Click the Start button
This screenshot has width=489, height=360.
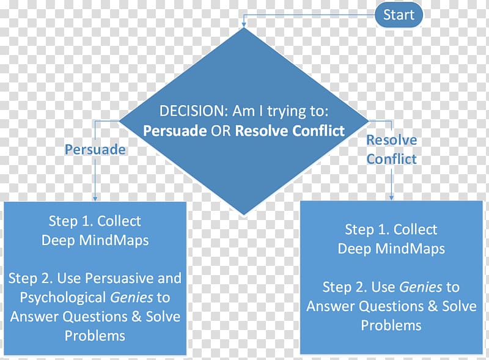(x=399, y=15)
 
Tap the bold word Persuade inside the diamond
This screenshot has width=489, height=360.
(x=175, y=131)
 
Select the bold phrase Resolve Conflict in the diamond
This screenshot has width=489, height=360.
(x=290, y=131)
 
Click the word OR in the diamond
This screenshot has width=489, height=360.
(x=221, y=131)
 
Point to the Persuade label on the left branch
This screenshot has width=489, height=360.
(x=95, y=150)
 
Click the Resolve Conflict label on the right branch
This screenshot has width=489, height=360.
(x=391, y=149)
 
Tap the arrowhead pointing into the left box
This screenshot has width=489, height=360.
(x=95, y=199)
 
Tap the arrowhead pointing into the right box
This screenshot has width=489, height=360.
(x=391, y=197)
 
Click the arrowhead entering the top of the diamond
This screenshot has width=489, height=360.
(x=244, y=24)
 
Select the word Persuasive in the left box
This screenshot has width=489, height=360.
(x=119, y=278)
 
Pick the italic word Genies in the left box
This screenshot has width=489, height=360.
(x=131, y=298)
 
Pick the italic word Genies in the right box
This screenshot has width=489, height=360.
(x=421, y=287)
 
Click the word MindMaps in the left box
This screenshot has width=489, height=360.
(x=114, y=240)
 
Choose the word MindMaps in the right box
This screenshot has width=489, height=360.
(x=410, y=249)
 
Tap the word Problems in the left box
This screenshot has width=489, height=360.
(x=95, y=336)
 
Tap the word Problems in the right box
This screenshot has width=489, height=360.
(x=391, y=326)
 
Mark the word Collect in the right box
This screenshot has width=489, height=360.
(x=415, y=230)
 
